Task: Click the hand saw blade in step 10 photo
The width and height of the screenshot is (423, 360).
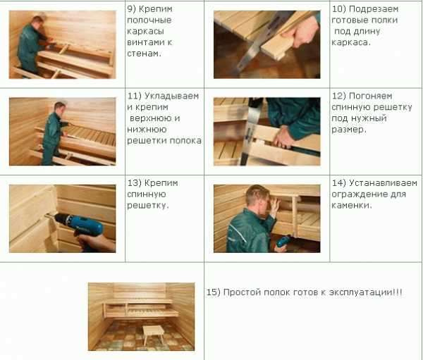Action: pyautogui.click(x=259, y=44)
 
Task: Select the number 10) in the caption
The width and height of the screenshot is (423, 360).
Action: pyautogui.click(x=338, y=9)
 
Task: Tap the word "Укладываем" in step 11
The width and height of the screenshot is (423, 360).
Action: pyautogui.click(x=171, y=96)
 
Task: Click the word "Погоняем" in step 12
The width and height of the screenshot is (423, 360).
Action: pyautogui.click(x=371, y=96)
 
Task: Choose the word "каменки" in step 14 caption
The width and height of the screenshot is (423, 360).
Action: pyautogui.click(x=350, y=206)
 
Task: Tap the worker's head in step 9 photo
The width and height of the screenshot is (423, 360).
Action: pyautogui.click(x=37, y=21)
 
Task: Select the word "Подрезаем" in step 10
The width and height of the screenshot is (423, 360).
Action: pyautogui.click(x=374, y=9)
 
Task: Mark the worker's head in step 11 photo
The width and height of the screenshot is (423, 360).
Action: pyautogui.click(x=60, y=106)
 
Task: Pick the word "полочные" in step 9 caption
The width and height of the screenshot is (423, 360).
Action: pyautogui.click(x=149, y=20)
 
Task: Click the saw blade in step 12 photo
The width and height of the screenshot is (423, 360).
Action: pyautogui.click(x=252, y=131)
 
